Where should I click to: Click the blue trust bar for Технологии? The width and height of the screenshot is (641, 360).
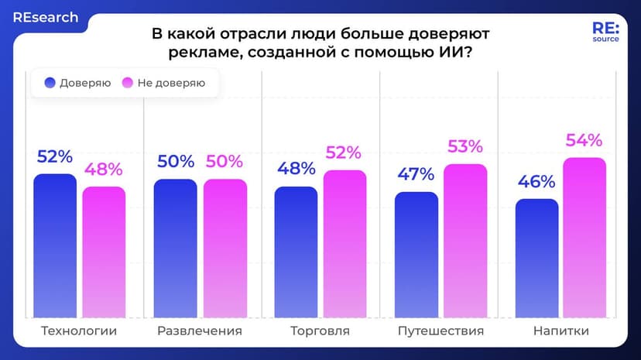click(55, 246)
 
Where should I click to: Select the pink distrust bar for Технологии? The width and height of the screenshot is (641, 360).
click(104, 252)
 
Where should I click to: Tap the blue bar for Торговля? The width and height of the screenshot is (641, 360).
click(296, 252)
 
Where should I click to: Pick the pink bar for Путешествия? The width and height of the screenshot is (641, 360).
click(465, 241)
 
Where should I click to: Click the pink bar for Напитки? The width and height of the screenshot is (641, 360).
click(584, 238)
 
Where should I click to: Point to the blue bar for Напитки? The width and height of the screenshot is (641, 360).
click(536, 259)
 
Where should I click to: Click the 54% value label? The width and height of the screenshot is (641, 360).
click(584, 141)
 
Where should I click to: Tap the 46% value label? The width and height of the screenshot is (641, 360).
click(536, 182)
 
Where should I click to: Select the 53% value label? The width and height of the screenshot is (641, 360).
click(464, 147)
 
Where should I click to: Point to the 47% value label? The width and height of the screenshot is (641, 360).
click(416, 174)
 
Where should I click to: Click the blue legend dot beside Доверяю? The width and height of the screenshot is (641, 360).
click(50, 83)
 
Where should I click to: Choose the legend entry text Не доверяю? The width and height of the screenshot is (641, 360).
click(171, 83)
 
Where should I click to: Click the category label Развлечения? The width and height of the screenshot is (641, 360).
click(200, 331)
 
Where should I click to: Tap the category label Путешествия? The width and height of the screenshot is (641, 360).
click(440, 331)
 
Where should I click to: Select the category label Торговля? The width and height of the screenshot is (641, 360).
click(320, 331)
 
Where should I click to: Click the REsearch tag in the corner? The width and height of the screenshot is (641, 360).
click(45, 17)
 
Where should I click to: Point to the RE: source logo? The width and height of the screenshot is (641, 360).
click(605, 32)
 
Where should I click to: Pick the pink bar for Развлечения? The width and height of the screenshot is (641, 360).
click(225, 249)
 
